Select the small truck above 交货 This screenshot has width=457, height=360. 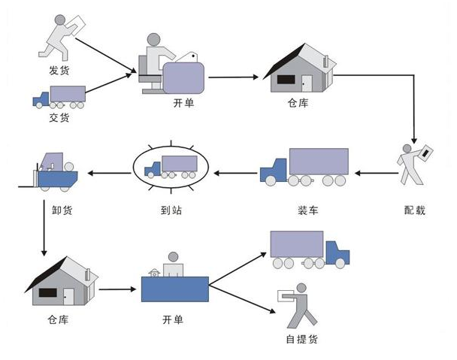pos(58,96)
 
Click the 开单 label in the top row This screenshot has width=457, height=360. pos(183,103)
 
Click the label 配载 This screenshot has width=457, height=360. pos(414,210)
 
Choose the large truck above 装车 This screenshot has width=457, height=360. pos(304,167)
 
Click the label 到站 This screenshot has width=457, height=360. pos(170,210)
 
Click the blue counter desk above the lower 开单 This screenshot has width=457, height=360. pos(174,289)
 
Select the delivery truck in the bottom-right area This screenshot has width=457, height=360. pos(309,250)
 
